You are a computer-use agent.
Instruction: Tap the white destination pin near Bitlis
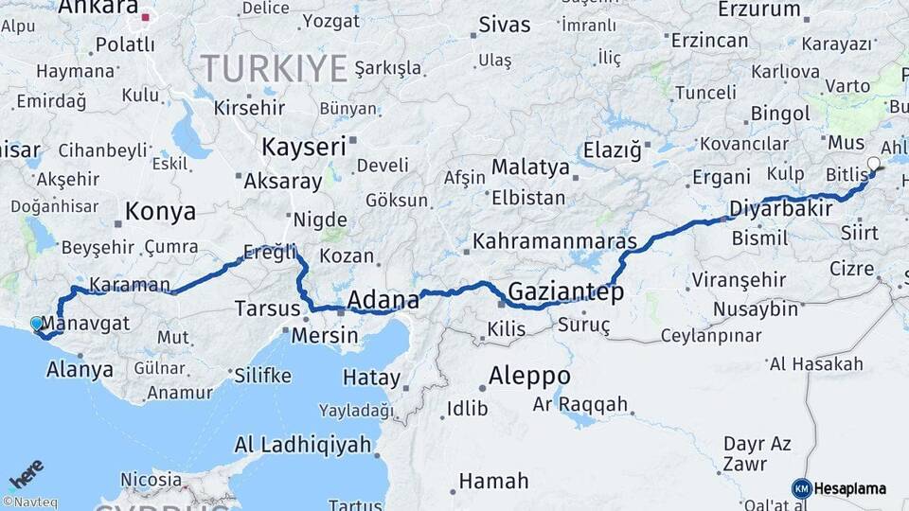pos(873,164)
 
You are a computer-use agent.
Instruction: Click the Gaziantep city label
pos(565,291)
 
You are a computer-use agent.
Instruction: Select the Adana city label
pos(383,300)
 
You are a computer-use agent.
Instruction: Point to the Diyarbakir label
pos(780,209)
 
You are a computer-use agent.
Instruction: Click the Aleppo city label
pos(528,376)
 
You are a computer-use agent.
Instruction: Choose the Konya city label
pos(160,211)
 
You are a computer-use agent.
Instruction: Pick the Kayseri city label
pos(303,147)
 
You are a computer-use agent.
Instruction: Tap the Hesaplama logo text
pos(850,488)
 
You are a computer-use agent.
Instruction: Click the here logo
pos(27,473)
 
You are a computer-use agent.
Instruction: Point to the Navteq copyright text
pos(29,502)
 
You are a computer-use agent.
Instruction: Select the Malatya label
pos(530,167)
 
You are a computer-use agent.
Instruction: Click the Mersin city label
pos(325,335)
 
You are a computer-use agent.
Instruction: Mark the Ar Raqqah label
pos(580,405)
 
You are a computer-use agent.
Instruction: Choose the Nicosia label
pos(151,480)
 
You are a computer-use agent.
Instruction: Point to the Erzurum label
pos(759,9)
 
